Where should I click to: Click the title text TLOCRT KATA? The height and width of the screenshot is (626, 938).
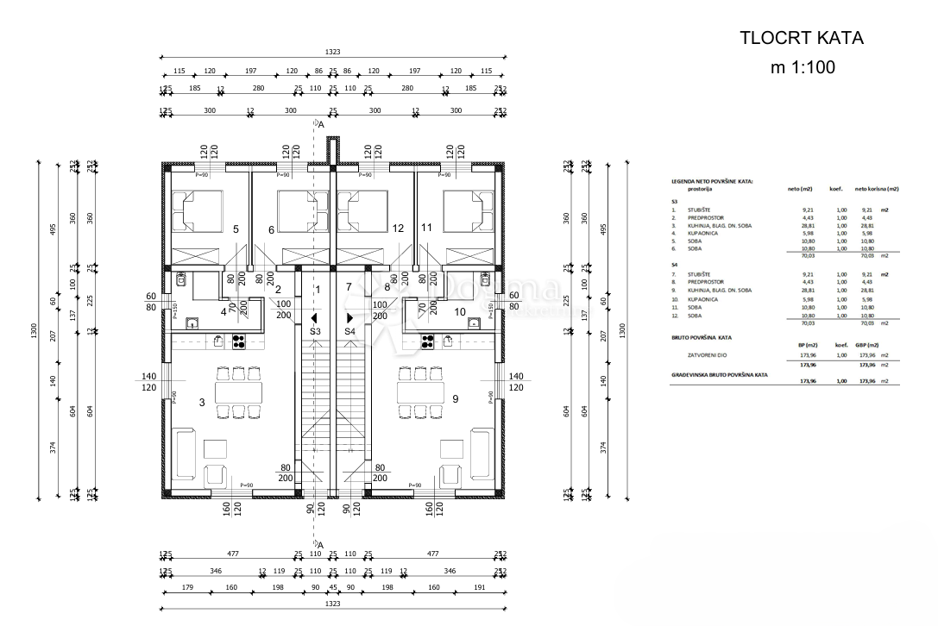point(802,38)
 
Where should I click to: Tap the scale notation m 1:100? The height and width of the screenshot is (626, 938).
point(802,67)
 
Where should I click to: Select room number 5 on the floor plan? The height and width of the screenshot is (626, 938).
point(236,228)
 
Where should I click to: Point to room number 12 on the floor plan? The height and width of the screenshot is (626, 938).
point(398,228)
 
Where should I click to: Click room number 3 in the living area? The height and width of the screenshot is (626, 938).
point(202,402)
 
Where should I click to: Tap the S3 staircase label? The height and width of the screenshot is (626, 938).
point(315,331)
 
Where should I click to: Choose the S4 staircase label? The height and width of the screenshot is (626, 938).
point(350,331)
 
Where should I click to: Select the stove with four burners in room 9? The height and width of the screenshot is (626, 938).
point(428,341)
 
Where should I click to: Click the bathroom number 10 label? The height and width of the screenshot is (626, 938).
point(460,311)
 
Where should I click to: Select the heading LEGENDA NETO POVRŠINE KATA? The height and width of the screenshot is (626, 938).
point(712,182)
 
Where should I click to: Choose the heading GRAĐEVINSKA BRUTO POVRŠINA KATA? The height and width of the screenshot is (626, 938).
point(721,375)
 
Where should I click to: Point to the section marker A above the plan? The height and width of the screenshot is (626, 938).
point(321,125)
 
